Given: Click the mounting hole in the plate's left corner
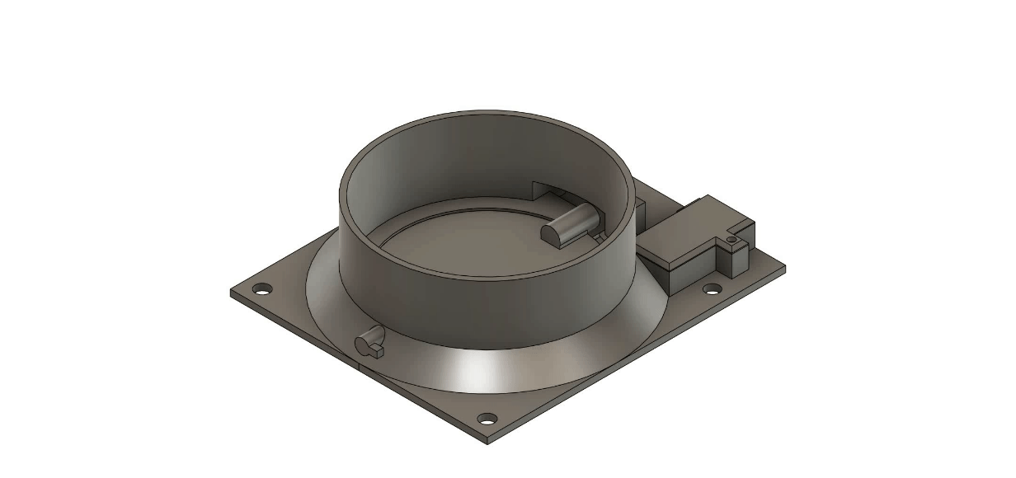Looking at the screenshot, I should click(x=261, y=289).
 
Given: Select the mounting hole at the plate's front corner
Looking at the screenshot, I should click(x=487, y=418).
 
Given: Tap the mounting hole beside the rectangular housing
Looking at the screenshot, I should click(x=711, y=289).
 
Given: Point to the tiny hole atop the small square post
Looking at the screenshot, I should click(x=731, y=240).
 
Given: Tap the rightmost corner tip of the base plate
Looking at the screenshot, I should click(x=784, y=267).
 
